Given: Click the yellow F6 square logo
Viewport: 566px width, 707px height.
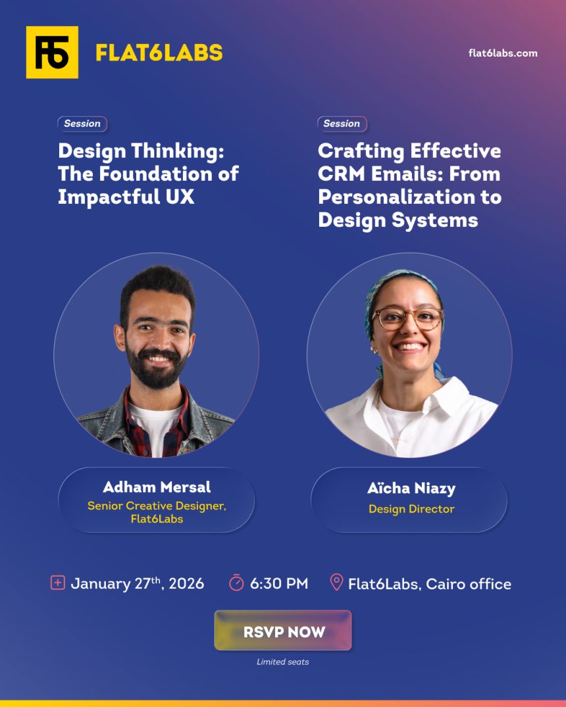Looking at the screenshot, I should coord(52,53).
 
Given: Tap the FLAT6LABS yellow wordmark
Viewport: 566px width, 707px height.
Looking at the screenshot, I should coord(159,53).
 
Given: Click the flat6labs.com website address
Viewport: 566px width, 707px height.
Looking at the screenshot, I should coord(503,53).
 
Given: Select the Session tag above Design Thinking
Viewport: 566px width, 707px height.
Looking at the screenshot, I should coord(82,124).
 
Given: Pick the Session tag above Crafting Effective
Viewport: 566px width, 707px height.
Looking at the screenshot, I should coord(342,124).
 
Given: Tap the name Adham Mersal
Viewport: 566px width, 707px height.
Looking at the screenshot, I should coord(157,487).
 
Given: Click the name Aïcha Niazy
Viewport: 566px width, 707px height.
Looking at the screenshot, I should coord(411,489).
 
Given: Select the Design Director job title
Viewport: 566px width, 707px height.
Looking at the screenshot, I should coord(411,509).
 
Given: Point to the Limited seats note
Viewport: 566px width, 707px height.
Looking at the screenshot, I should coord(282,662).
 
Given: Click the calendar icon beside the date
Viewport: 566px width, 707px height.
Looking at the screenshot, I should coord(58,583).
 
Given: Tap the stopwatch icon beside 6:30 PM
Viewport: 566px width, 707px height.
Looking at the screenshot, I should coord(236,583).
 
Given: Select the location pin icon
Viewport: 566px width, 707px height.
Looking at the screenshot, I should coord(336,583).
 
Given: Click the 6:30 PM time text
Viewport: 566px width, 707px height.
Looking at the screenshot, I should coord(279,583).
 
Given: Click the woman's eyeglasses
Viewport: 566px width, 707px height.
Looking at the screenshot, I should coord(408,318).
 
